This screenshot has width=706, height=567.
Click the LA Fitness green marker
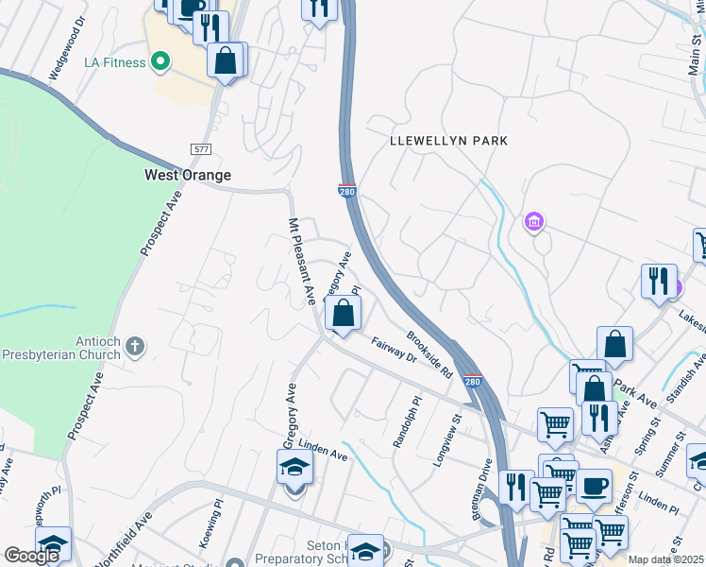click(x=160, y=63)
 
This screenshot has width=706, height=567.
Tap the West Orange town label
click(x=187, y=176)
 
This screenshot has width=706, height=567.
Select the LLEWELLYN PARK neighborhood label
click(x=448, y=141)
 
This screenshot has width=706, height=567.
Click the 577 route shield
click(x=200, y=149)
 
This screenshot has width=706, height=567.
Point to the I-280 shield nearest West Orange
click(x=347, y=192)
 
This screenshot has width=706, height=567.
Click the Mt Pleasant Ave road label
click(x=300, y=261)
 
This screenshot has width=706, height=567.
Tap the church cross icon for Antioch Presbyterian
click(x=135, y=346)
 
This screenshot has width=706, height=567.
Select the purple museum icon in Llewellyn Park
click(x=533, y=223)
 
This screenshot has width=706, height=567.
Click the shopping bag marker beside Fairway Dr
click(x=344, y=313)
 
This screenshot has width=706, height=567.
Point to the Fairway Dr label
click(x=393, y=351)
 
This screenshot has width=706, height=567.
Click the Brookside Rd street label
click(x=430, y=354)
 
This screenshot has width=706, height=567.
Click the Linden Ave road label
click(x=323, y=450)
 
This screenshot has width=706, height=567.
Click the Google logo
click(x=31, y=556)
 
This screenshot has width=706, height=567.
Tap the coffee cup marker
click(x=594, y=486)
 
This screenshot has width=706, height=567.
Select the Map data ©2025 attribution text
click(x=665, y=559)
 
